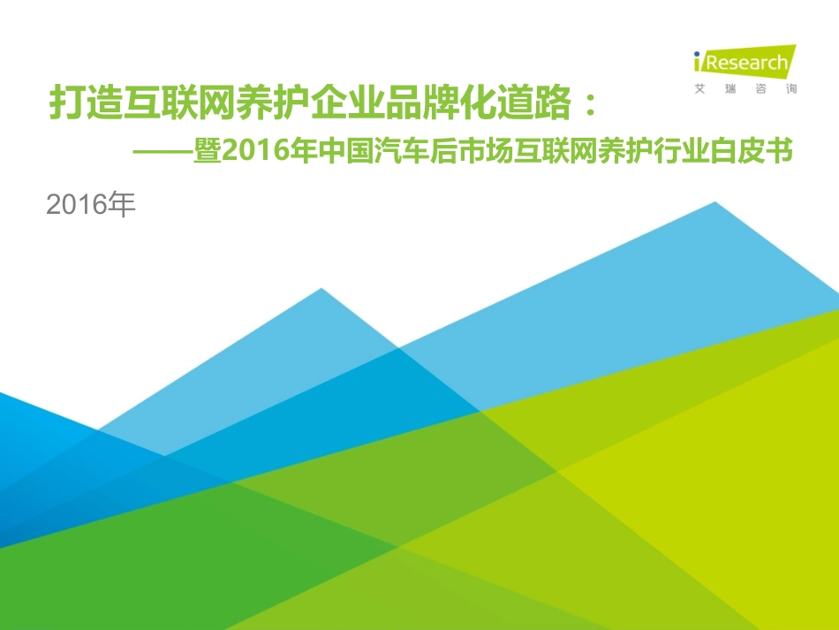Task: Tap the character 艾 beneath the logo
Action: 700,89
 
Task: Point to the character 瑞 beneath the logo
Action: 730,89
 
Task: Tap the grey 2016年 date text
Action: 92,206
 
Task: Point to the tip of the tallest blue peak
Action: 715,203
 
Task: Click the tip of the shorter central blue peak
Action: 321,290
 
